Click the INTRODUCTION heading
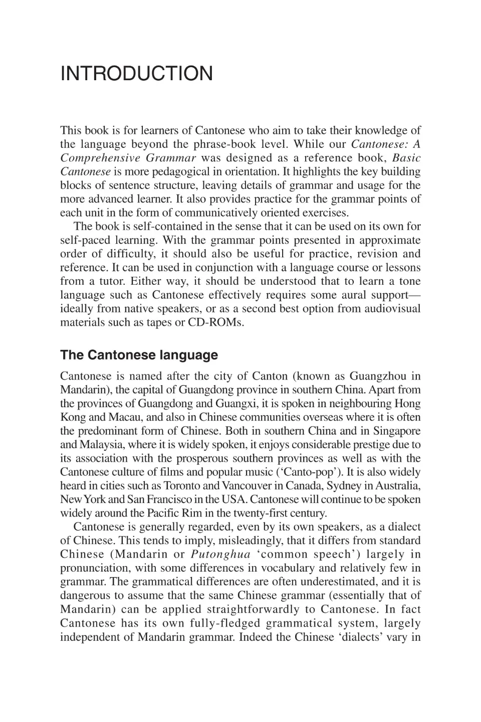coord(136,74)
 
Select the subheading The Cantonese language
coord(139,355)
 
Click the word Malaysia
coord(94,445)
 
